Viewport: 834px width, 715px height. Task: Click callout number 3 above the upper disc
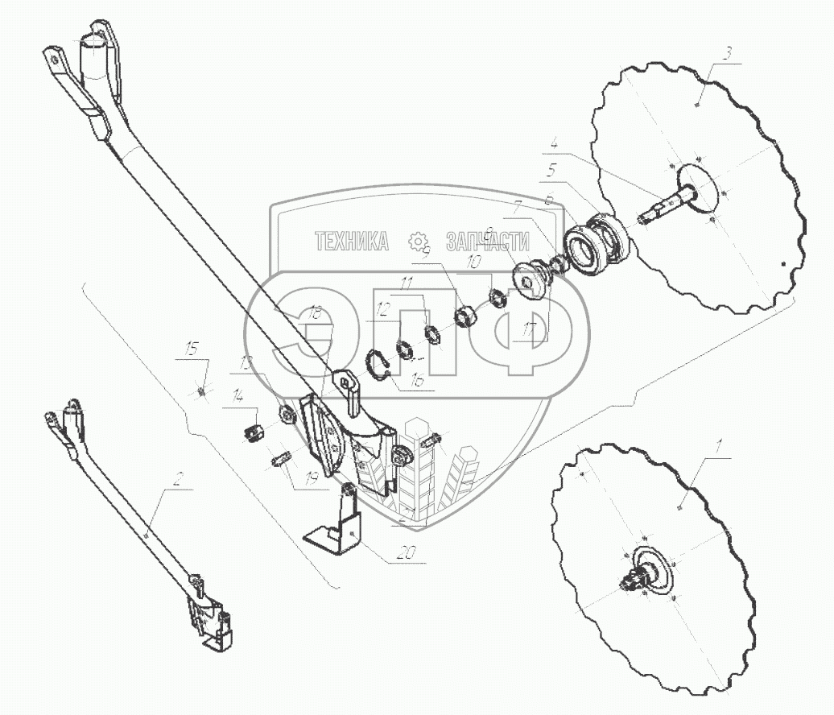point(728,54)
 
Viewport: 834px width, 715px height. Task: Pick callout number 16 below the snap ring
point(417,383)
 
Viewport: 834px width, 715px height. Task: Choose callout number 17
point(529,329)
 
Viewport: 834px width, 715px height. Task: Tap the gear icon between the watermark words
point(417,241)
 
